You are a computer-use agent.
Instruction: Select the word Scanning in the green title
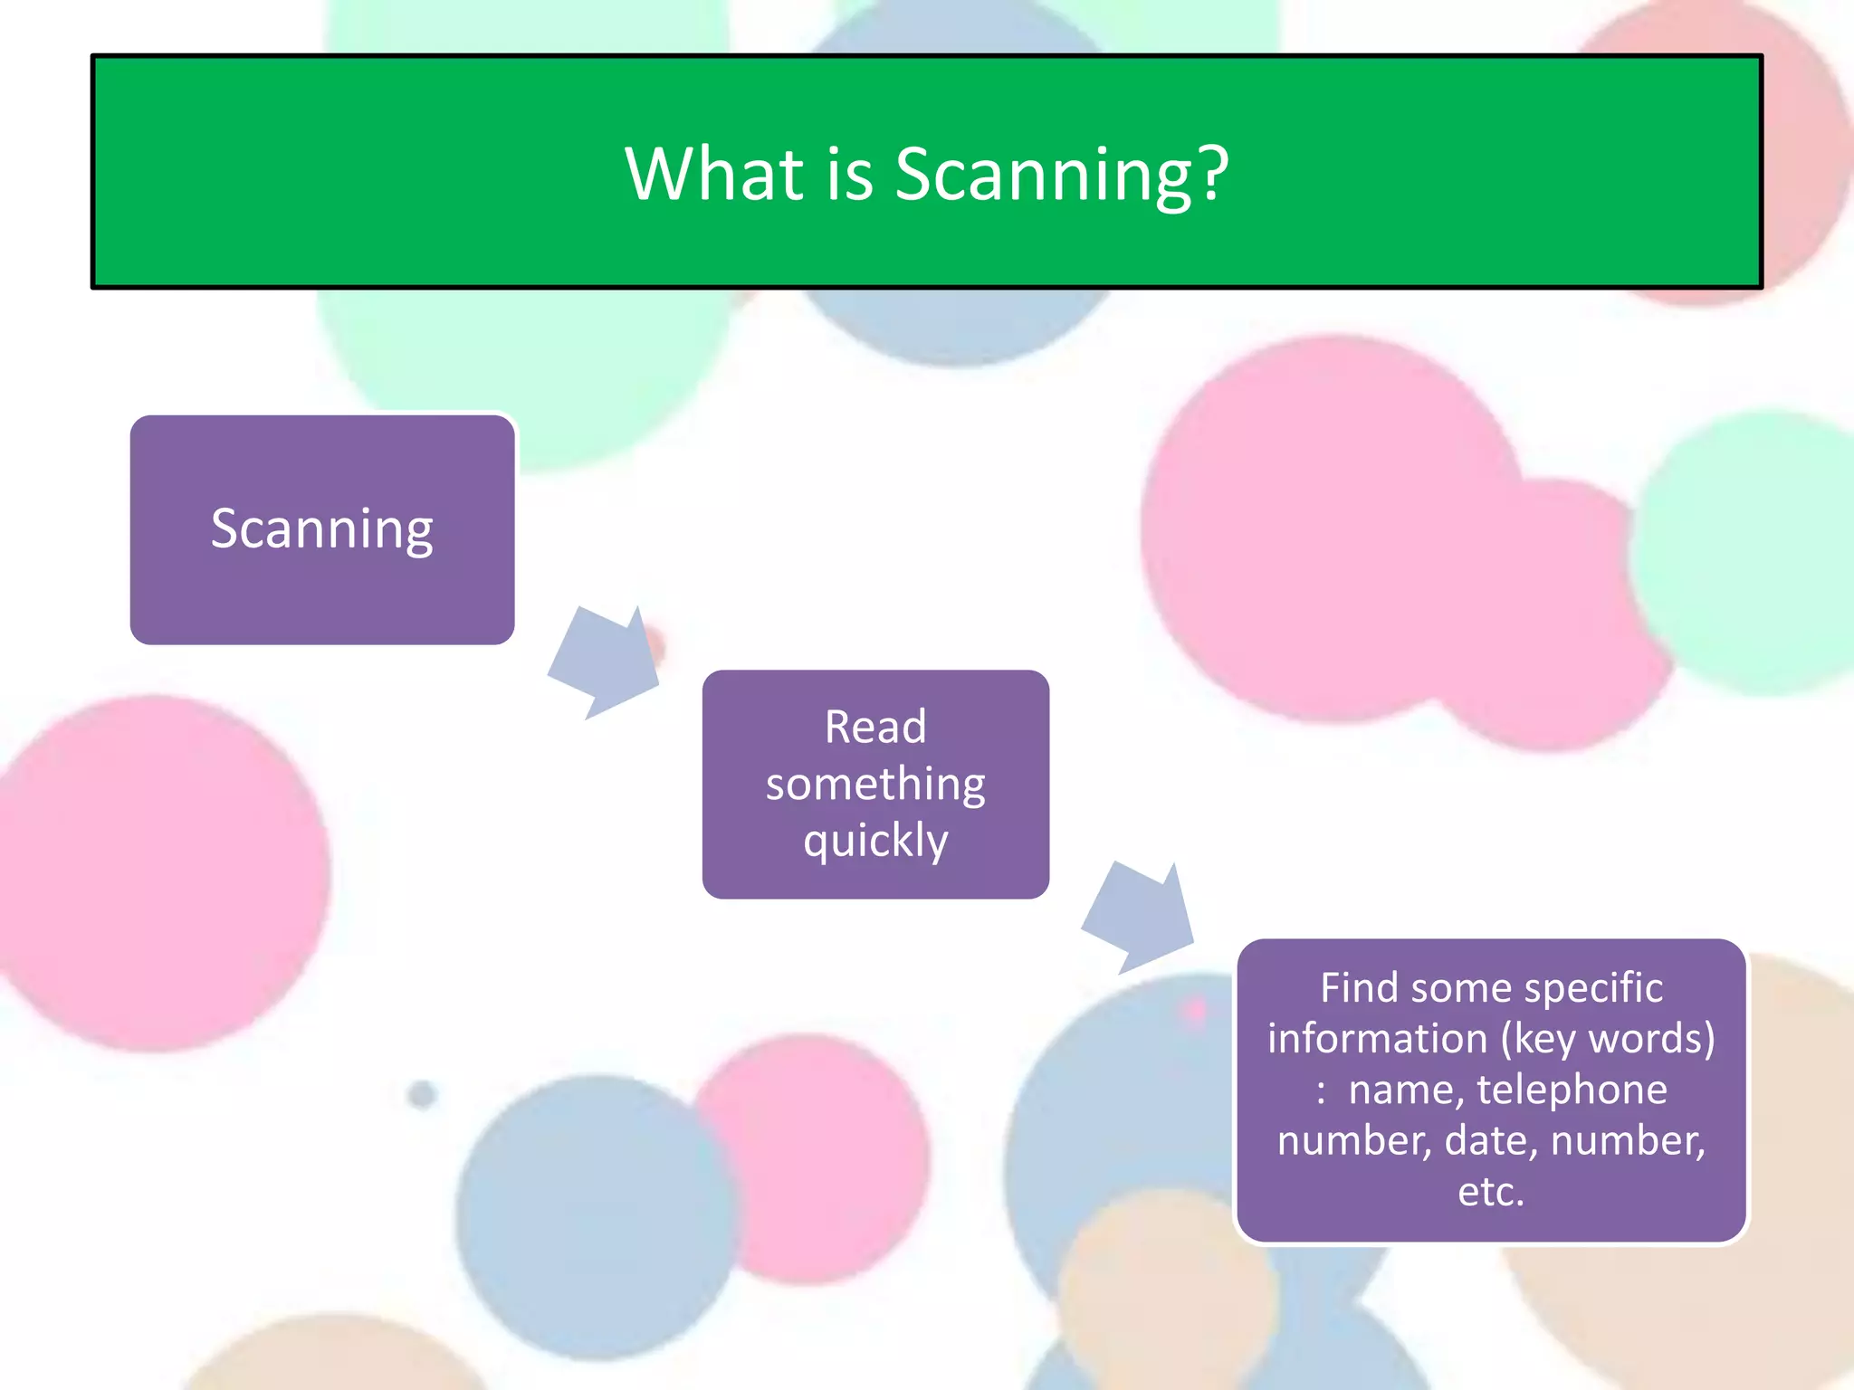(x=1041, y=175)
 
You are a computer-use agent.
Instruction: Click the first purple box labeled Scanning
(x=322, y=529)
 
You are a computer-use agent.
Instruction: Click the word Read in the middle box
(x=875, y=727)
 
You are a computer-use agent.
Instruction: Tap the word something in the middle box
(x=875, y=785)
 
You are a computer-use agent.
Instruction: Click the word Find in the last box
(x=1360, y=987)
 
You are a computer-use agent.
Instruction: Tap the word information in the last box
(x=1377, y=1038)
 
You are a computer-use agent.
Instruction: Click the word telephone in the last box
(x=1572, y=1090)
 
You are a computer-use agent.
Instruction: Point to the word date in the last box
(x=1490, y=1140)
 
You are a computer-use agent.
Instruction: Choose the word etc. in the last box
(x=1491, y=1192)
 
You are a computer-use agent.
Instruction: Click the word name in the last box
(x=1405, y=1090)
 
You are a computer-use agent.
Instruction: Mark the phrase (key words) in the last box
(x=1608, y=1039)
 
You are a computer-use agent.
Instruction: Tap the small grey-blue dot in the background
(x=422, y=1094)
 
